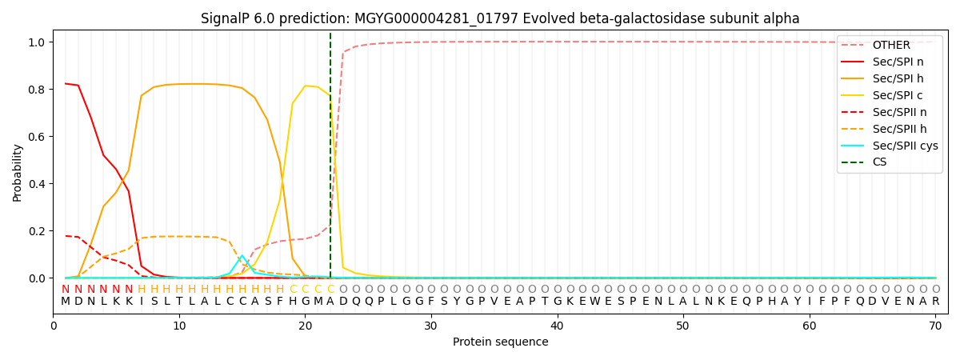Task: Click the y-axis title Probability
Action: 18,172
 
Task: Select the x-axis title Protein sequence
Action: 501,342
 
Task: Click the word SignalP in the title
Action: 226,18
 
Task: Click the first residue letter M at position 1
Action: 66,302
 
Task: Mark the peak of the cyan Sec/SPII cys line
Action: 242,256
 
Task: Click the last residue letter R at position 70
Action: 935,302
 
